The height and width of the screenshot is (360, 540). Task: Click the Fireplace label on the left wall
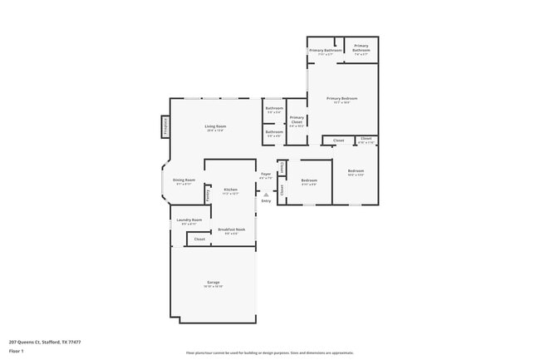(166, 126)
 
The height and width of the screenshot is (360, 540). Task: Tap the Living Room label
(216, 126)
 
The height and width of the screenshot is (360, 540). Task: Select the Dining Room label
(184, 180)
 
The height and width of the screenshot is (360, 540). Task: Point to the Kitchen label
(231, 190)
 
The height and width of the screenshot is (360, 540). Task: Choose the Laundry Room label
(189, 219)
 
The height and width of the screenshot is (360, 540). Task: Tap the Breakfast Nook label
(231, 229)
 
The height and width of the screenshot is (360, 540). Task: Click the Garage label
(214, 282)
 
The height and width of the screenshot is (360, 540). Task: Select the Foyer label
(266, 174)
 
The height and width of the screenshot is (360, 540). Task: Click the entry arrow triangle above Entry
(266, 195)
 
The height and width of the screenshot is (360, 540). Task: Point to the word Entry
(266, 200)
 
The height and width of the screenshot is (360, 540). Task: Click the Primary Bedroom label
(341, 98)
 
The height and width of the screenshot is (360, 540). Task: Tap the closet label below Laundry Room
(199, 239)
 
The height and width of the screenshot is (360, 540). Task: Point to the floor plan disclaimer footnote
(270, 353)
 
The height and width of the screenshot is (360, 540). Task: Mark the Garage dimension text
(214, 286)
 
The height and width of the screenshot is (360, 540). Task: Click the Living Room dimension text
(216, 130)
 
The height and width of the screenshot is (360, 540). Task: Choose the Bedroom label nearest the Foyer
(309, 180)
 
